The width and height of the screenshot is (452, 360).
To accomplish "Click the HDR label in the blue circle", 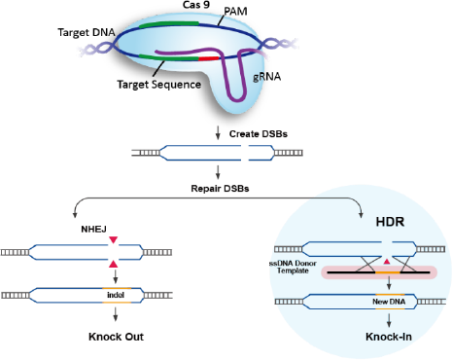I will tap(390, 223).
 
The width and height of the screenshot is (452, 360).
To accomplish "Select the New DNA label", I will tap(389, 304).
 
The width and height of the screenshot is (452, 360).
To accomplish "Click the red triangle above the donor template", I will tap(389, 262).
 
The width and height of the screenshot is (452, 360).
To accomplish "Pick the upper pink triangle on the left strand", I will tap(114, 240).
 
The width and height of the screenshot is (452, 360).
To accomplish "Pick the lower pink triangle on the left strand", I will tap(114, 264).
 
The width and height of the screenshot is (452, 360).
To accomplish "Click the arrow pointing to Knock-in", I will tap(389, 318).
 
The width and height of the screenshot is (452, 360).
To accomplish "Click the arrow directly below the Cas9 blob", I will tap(218, 131).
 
